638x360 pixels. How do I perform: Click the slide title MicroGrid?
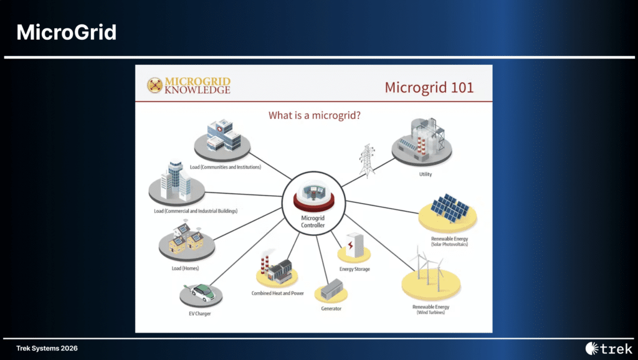point(66,32)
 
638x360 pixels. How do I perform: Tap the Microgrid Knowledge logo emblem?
point(155,85)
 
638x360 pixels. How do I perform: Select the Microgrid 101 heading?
point(429,87)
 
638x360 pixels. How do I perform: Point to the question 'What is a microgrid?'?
point(314,115)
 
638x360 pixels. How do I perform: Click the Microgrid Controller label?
point(313,222)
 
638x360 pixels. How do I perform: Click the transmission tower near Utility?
point(367,161)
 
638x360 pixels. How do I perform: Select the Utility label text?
point(425,174)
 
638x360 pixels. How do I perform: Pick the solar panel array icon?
point(449,208)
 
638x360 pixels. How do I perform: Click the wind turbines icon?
point(429,268)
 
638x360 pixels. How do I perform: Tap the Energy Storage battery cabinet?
point(354,245)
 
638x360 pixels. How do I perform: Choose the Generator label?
point(331,309)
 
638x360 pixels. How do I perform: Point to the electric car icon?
point(202,293)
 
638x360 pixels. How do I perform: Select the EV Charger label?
point(200,314)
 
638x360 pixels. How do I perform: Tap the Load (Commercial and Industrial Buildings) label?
point(196,211)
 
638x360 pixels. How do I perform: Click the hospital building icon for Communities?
point(224,135)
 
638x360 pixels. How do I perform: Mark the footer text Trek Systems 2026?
point(47,348)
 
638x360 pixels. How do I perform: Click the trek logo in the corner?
point(609,349)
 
